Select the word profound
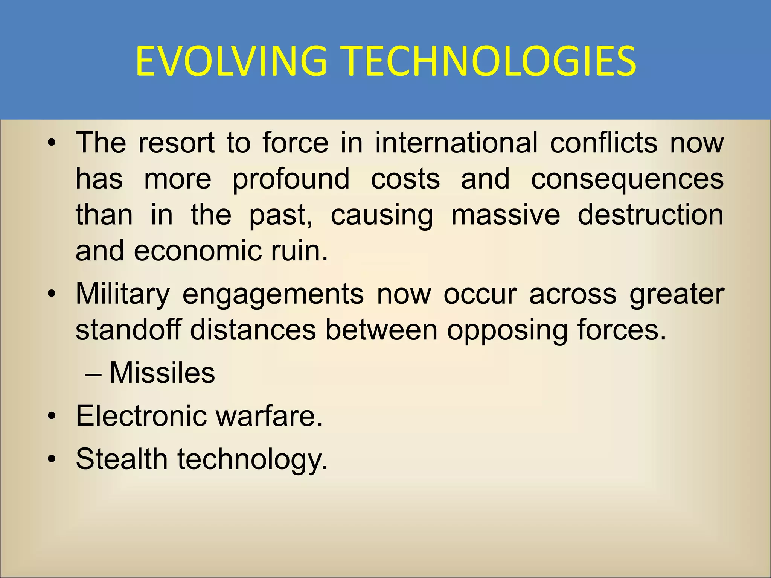point(291,179)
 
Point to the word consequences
point(627,179)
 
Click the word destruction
point(650,215)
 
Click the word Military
point(123,295)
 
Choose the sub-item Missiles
point(162,373)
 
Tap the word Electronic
point(142,416)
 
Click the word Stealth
point(122,459)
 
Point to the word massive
point(505,215)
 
